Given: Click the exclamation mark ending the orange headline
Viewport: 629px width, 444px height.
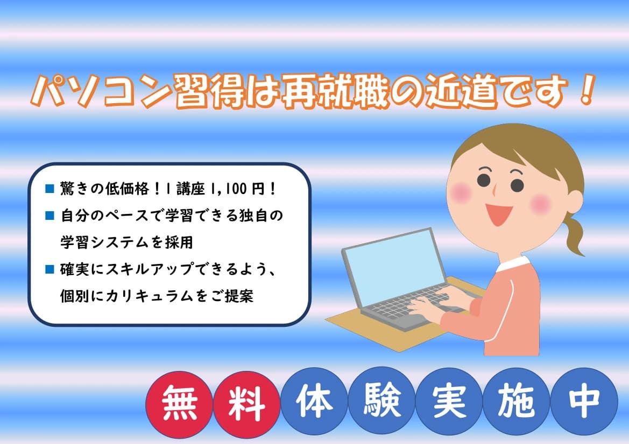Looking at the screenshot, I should (585, 90).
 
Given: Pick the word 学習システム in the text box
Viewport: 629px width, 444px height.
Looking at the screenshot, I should (99, 242).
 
